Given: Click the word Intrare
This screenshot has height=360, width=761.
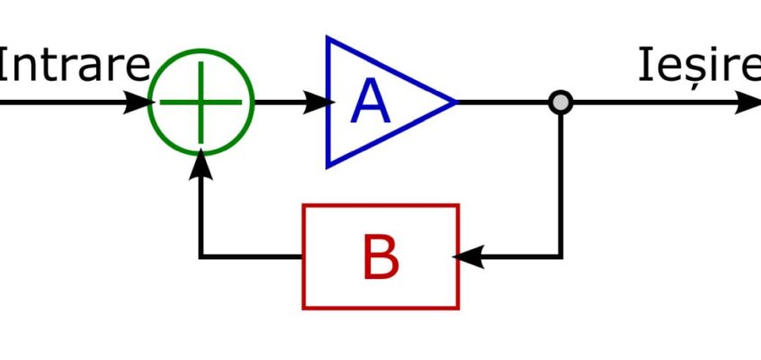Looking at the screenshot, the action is click(73, 65).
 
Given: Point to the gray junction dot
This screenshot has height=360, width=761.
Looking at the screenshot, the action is click(560, 103).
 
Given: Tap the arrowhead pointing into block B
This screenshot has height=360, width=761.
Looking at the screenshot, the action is click(468, 256).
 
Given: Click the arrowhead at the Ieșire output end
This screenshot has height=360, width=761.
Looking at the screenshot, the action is click(748, 103).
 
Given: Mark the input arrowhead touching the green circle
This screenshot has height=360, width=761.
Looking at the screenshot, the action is click(139, 103).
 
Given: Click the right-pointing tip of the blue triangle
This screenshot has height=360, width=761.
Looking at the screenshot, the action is click(456, 102).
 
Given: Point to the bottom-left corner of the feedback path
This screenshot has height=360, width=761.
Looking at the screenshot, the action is click(201, 256).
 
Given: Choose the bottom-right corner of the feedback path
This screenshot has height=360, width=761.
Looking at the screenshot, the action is click(560, 256).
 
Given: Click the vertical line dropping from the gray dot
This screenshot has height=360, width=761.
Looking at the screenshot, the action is click(560, 185).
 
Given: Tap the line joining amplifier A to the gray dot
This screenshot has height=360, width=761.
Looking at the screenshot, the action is click(503, 103).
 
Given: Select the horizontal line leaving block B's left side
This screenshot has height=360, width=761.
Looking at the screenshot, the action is click(251, 256).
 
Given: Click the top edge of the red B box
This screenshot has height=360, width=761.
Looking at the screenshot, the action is click(381, 205).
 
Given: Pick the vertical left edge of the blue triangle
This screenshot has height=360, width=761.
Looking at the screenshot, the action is click(328, 102).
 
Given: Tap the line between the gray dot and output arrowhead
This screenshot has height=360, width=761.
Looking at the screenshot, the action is click(654, 103).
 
